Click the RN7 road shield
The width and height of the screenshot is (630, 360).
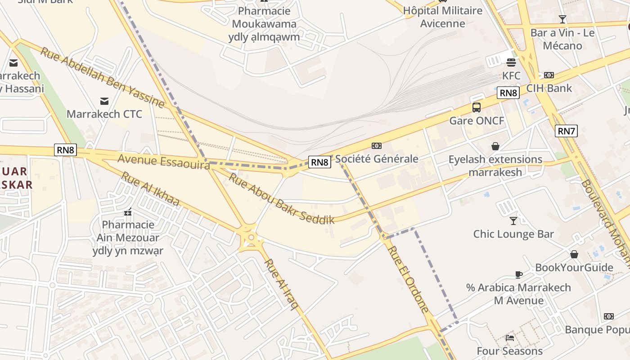[566, 131]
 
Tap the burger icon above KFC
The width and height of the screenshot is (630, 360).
[511, 62]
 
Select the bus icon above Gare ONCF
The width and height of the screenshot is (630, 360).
[477, 108]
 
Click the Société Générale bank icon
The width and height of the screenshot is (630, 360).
[376, 146]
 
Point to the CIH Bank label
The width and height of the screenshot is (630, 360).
[549, 88]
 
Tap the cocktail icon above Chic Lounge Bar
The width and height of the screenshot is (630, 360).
[513, 220]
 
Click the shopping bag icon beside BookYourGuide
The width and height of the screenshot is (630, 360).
[574, 254]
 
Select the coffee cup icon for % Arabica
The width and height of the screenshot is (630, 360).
[518, 274]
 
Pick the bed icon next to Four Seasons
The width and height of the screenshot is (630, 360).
[510, 337]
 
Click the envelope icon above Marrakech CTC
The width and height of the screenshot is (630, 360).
[104, 101]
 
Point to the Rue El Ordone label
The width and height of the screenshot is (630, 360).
[408, 279]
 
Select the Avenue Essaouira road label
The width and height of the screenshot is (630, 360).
[163, 162]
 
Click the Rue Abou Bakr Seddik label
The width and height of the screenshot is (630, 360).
[282, 198]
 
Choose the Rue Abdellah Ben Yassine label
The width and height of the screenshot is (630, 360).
[102, 77]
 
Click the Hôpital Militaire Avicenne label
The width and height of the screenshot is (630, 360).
[442, 17]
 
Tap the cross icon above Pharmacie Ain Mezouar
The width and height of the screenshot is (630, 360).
[128, 211]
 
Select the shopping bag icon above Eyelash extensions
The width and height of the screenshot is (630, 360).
[495, 146]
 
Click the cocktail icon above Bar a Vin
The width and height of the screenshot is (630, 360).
[562, 19]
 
